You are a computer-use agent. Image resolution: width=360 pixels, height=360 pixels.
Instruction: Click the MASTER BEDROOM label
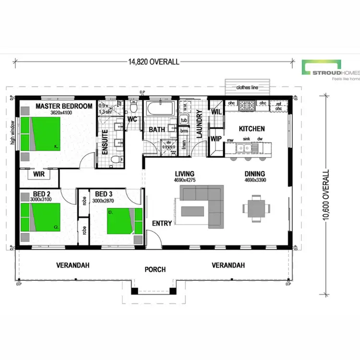[64, 106]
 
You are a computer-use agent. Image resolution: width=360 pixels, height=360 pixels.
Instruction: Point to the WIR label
[39, 174]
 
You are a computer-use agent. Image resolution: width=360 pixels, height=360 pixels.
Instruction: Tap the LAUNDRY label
[199, 124]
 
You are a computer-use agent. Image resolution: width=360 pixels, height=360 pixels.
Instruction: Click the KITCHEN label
[252, 129]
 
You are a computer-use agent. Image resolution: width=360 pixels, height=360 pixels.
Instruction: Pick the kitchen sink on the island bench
[246, 147]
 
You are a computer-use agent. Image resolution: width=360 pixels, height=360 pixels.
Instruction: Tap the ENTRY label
[161, 224]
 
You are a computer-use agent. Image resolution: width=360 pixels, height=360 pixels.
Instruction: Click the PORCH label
[156, 269]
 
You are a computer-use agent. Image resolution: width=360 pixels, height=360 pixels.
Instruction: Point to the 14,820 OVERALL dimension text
[154, 61]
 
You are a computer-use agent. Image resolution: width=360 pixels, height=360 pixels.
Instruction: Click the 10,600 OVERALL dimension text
[326, 194]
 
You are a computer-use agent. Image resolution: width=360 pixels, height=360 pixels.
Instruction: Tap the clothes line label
[248, 88]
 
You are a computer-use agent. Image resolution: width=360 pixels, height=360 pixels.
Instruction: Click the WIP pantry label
[216, 139]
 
